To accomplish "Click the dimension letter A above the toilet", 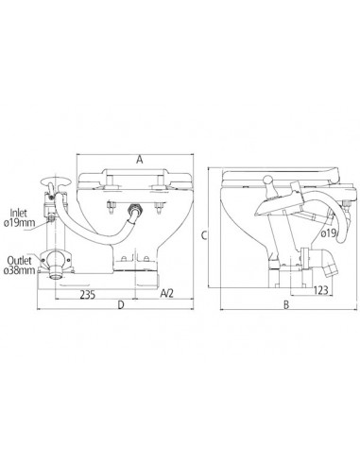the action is (139, 160).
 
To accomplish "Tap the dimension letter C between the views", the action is (204, 235).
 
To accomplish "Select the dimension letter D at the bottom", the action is (121, 304).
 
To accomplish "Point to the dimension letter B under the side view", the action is (286, 304).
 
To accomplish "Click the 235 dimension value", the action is (88, 295).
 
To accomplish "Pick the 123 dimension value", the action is (321, 290).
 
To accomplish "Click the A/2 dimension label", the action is (166, 294).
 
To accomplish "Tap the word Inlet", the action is (19, 213).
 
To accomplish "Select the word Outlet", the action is (20, 261).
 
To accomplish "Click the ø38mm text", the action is (20, 270).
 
